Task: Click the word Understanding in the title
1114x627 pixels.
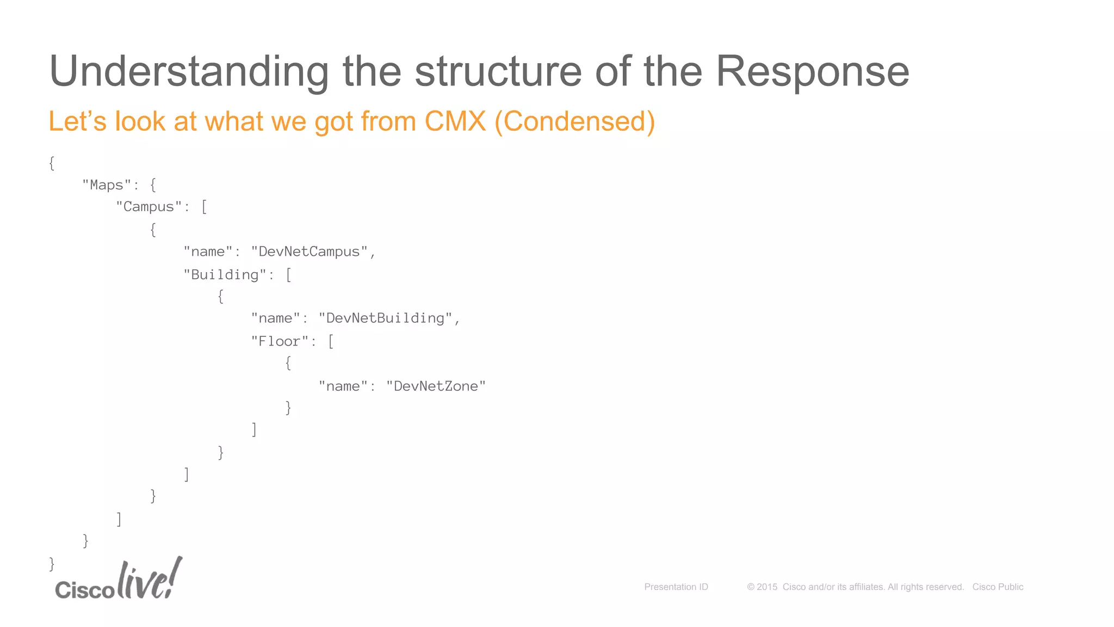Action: [x=189, y=72]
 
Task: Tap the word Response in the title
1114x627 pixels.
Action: [x=812, y=72]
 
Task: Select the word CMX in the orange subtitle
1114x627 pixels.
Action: [x=455, y=121]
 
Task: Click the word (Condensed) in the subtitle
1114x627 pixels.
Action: [x=574, y=121]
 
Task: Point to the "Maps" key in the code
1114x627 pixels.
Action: [x=107, y=185]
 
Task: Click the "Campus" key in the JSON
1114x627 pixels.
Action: [x=148, y=207]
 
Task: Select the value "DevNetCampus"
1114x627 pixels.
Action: [x=309, y=251]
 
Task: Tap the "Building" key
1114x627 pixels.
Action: [x=225, y=274]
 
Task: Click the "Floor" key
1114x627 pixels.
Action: [x=279, y=341]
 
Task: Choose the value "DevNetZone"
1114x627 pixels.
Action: [x=435, y=386]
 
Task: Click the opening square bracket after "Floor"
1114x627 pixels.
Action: [x=331, y=341]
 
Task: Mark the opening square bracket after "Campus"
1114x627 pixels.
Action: [x=204, y=207]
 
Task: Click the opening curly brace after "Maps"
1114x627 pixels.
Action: [x=153, y=185]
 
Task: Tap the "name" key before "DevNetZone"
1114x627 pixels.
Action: [x=343, y=386]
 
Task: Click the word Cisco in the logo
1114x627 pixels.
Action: [x=84, y=590]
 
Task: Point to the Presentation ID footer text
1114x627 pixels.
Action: [x=676, y=587]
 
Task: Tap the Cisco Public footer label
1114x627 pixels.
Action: [x=998, y=587]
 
